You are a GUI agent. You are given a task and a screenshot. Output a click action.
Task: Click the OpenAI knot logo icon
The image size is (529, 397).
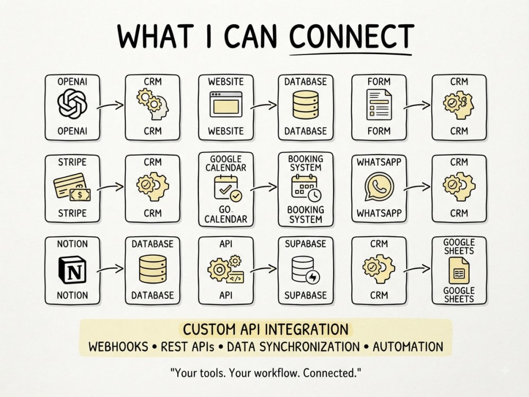[x=72, y=104]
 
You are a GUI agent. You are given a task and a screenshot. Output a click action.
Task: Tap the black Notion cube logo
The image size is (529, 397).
[x=72, y=269]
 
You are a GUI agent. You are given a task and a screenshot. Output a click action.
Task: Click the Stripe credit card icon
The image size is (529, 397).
[x=72, y=187]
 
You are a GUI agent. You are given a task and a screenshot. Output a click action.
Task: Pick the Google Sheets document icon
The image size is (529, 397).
[x=459, y=270]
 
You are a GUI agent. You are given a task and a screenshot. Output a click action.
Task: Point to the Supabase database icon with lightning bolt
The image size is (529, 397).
[x=305, y=270]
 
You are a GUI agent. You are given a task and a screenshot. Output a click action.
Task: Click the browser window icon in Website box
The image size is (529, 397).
[x=226, y=104]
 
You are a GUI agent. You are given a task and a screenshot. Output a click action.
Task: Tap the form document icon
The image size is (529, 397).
[x=379, y=104]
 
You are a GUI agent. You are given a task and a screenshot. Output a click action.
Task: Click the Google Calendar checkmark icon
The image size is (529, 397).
[x=227, y=188]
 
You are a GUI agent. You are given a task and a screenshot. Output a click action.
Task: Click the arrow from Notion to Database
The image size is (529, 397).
[x=111, y=269]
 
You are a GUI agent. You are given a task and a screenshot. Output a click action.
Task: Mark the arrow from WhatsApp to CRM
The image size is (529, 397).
[x=417, y=187]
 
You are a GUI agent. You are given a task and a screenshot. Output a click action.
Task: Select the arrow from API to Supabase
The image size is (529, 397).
[x=263, y=269]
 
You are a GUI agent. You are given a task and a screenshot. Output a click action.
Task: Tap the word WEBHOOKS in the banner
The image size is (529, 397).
[x=118, y=347]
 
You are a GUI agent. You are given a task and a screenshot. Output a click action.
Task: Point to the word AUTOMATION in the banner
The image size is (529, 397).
[x=408, y=347]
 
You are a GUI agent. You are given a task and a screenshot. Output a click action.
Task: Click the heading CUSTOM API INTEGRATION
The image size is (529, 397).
[x=266, y=329]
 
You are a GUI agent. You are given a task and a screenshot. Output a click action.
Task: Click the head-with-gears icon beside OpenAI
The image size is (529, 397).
[x=153, y=104]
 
